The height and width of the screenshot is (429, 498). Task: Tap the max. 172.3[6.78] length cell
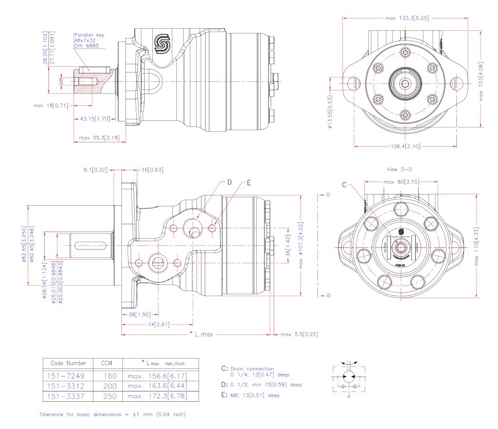[x=157, y=396]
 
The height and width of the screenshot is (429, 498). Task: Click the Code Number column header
[x=65, y=363]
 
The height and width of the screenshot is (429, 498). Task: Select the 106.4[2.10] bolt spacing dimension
[x=405, y=147]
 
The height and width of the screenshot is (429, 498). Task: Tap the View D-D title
[x=399, y=169]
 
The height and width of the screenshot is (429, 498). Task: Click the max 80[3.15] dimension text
[x=402, y=182]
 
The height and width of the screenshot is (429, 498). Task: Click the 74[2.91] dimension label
[x=157, y=325]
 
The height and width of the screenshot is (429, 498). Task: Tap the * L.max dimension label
[x=201, y=334]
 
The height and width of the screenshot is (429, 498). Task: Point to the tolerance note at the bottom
[x=112, y=414]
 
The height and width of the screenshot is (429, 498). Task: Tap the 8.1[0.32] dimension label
[x=96, y=169]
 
